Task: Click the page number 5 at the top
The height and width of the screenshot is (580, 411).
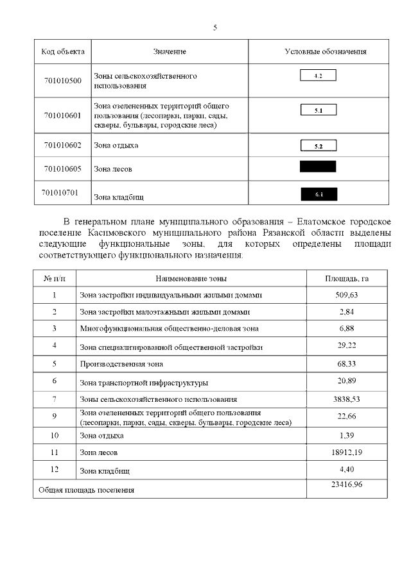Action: click(x=215, y=28)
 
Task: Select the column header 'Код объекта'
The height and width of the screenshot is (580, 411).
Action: click(x=63, y=51)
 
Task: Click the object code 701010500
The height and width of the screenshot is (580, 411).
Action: click(x=63, y=81)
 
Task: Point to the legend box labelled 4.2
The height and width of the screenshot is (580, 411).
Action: click(x=319, y=76)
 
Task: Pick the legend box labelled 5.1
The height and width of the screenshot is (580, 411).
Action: click(x=319, y=110)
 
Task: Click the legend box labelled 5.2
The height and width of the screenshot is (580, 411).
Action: click(x=319, y=145)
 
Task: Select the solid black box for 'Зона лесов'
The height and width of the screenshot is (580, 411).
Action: click(x=318, y=167)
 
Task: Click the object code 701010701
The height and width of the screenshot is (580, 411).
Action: click(x=63, y=192)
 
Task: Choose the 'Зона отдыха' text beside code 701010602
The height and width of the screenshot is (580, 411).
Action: click(x=116, y=145)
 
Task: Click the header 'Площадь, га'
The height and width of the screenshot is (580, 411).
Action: click(x=347, y=279)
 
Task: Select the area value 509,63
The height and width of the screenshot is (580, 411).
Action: click(x=347, y=295)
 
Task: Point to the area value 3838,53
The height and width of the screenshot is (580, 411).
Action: click(x=347, y=399)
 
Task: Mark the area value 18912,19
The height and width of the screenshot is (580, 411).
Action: click(x=347, y=452)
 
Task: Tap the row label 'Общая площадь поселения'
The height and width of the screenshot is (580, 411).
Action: click(x=87, y=490)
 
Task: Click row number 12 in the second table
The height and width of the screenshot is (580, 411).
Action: click(x=55, y=470)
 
